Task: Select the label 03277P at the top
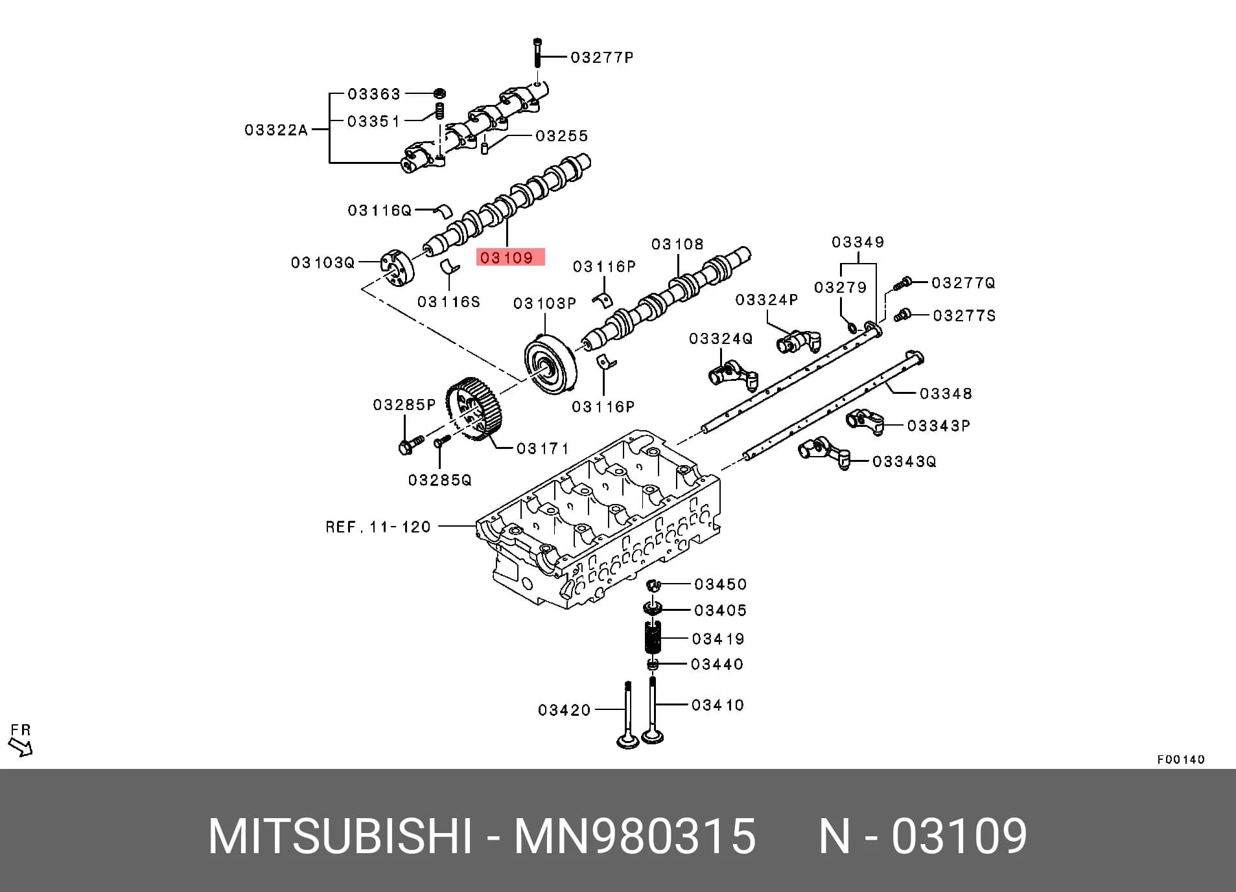pyautogui.click(x=602, y=58)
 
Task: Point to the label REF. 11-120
pyautogui.click(x=378, y=527)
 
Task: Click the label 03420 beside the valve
pyautogui.click(x=565, y=710)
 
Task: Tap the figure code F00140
pyautogui.click(x=1181, y=759)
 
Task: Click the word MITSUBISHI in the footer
pyautogui.click(x=340, y=836)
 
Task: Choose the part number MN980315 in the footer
pyautogui.click(x=635, y=836)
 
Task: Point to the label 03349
pyautogui.click(x=858, y=242)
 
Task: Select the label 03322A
pyautogui.click(x=276, y=130)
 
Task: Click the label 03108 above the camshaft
pyautogui.click(x=677, y=244)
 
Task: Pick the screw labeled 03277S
pyautogui.click(x=902, y=315)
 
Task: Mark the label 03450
pyautogui.click(x=721, y=584)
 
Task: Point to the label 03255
pyautogui.click(x=562, y=136)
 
